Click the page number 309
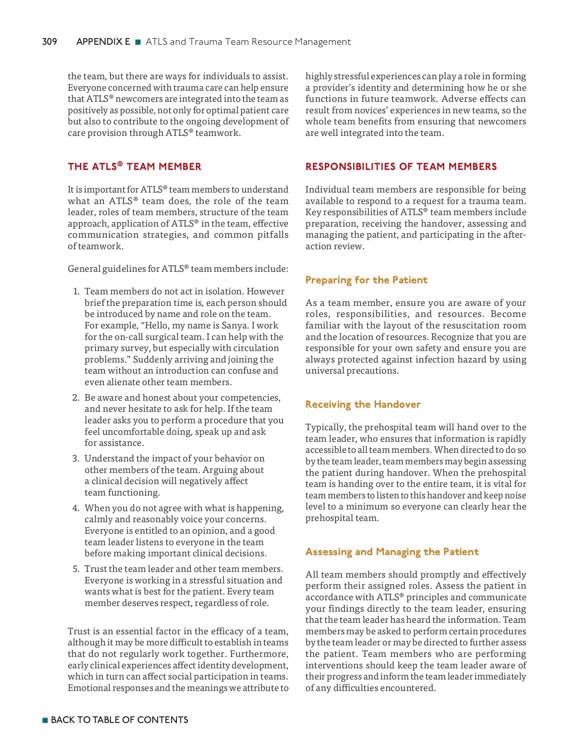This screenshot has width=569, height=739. (49, 42)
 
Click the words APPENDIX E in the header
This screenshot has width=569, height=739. (103, 42)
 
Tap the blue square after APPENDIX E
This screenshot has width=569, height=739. (138, 42)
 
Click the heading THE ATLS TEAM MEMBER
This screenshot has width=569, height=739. (135, 167)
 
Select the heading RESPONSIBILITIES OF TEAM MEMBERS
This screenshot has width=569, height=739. (401, 167)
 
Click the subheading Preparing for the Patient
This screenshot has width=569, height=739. (366, 280)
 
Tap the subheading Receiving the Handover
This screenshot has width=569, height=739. (363, 404)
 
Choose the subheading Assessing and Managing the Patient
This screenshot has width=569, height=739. (392, 552)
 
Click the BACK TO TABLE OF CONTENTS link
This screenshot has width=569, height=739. (119, 720)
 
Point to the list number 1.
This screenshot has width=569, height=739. (76, 291)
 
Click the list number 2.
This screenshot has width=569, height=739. (76, 398)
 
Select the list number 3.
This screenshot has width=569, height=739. (76, 459)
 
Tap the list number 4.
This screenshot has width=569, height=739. (76, 508)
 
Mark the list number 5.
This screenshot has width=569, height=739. (76, 569)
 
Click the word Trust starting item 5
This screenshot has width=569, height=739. (96, 569)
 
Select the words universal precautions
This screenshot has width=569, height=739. (351, 371)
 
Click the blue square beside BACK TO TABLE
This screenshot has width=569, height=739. (45, 720)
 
